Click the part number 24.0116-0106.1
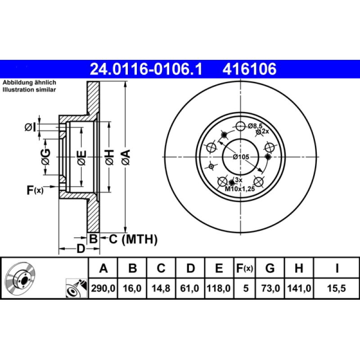(146, 69)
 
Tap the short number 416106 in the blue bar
(249, 69)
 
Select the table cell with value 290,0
(103, 288)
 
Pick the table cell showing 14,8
(161, 288)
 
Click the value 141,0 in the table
(299, 288)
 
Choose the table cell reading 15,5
(336, 288)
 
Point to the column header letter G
(270, 268)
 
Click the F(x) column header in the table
(244, 268)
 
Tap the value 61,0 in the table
(189, 288)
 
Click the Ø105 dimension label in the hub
(241, 157)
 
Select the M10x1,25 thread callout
(240, 189)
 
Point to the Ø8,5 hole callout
(255, 126)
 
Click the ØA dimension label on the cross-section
(126, 157)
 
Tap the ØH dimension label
(109, 157)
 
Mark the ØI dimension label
(31, 127)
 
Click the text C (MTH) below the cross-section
(133, 239)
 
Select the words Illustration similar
(29, 90)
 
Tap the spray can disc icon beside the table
(76, 288)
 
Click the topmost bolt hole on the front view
(240, 126)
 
